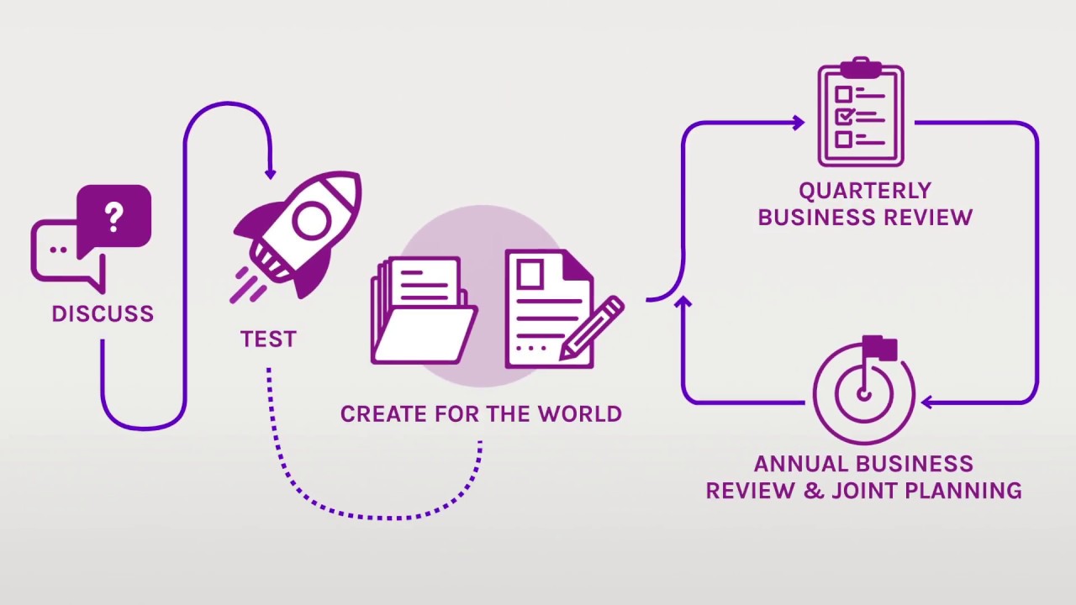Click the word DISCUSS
tap(103, 314)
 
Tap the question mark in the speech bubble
tap(114, 217)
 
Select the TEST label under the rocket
tap(268, 339)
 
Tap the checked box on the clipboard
tap(844, 115)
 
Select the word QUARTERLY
tap(865, 192)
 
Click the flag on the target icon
tap(879, 346)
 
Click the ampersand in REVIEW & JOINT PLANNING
tap(813, 490)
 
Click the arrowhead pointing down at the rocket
tap(270, 174)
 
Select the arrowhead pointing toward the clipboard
tap(798, 123)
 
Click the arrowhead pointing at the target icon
tap(927, 402)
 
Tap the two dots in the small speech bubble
tap(58, 250)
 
